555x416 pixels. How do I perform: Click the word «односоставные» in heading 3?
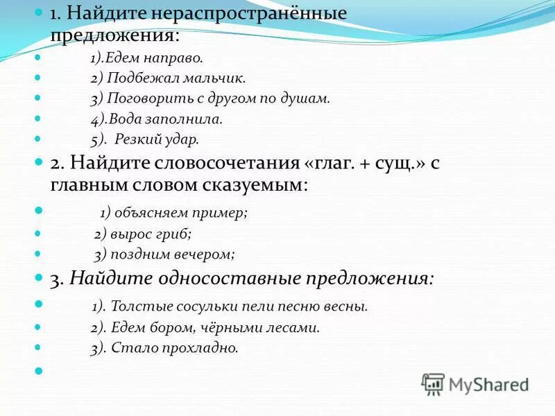232,279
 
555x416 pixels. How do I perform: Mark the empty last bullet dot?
37,371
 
